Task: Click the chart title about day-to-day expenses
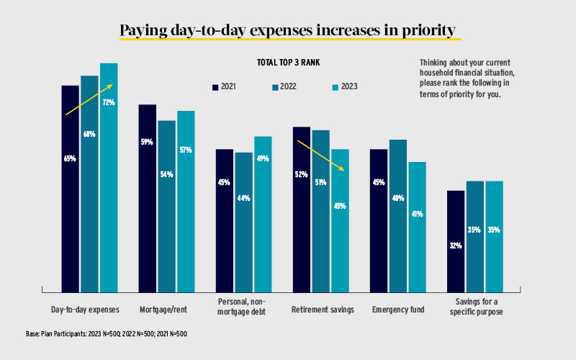tap(287, 30)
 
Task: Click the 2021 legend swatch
tap(215, 87)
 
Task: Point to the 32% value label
tap(456, 246)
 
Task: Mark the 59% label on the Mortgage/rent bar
tap(147, 142)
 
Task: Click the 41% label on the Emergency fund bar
tap(418, 214)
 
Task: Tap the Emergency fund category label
tap(398, 310)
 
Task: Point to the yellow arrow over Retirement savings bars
tap(323, 156)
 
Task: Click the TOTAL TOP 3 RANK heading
tap(287, 63)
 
